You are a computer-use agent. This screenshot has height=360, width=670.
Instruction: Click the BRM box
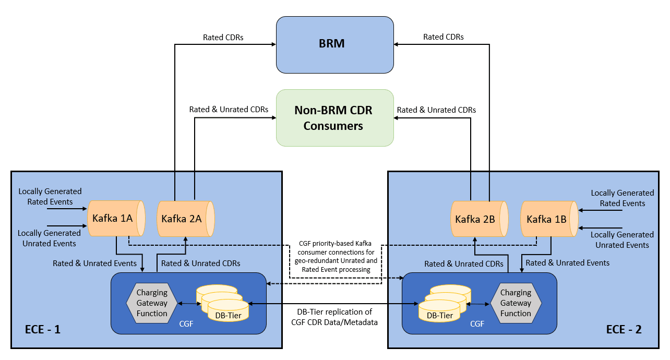[334, 45]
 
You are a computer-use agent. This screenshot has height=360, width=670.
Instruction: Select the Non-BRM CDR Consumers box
[334, 118]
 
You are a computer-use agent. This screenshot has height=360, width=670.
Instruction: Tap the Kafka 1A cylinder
[116, 218]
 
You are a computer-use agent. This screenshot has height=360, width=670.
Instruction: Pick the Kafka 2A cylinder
[186, 219]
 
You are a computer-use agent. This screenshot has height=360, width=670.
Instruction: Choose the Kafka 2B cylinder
[480, 219]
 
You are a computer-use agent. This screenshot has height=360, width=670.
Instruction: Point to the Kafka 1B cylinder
[549, 219]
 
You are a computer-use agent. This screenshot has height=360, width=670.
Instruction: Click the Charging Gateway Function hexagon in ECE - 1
[152, 303]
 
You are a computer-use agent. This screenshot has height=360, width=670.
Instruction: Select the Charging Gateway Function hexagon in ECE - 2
[516, 303]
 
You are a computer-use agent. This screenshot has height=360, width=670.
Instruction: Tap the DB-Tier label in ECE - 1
[228, 316]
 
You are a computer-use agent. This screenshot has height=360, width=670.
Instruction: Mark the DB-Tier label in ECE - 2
[440, 316]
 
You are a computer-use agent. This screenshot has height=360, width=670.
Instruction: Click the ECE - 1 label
[43, 330]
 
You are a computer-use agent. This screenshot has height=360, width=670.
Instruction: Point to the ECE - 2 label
[624, 330]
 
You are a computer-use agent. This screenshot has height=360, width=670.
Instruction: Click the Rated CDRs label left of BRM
[223, 38]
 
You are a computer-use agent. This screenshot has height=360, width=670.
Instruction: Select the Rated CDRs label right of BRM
[444, 37]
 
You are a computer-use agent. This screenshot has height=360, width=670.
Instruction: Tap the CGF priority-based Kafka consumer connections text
[336, 257]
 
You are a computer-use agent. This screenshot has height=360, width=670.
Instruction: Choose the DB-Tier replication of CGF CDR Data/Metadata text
[334, 317]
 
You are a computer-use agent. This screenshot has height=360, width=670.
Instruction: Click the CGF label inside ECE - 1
[186, 324]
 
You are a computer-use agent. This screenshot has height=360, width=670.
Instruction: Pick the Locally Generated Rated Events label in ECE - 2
[623, 198]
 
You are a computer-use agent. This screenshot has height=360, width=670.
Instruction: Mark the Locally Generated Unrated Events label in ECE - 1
[49, 238]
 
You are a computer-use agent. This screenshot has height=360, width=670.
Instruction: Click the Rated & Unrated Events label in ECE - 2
[567, 263]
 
